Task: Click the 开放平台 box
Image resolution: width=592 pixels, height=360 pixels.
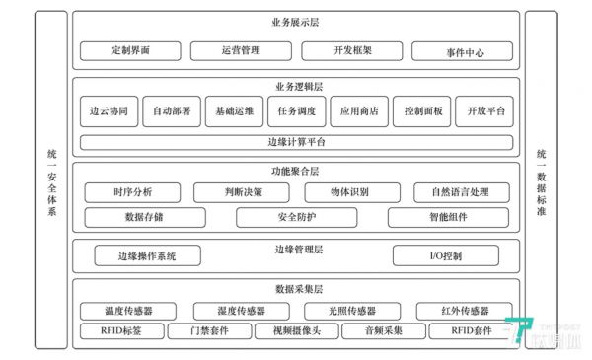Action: pos(485,111)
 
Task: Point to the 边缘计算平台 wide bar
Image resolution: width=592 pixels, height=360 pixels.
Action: pos(296,142)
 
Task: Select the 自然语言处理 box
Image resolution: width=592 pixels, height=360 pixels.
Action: pos(453,191)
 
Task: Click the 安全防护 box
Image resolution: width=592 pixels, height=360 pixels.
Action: pos(296,217)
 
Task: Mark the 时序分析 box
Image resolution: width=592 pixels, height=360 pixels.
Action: pos(132,191)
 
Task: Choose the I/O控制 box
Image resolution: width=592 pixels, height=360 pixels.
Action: pos(453,256)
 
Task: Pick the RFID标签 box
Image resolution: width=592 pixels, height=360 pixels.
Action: pos(120,331)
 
